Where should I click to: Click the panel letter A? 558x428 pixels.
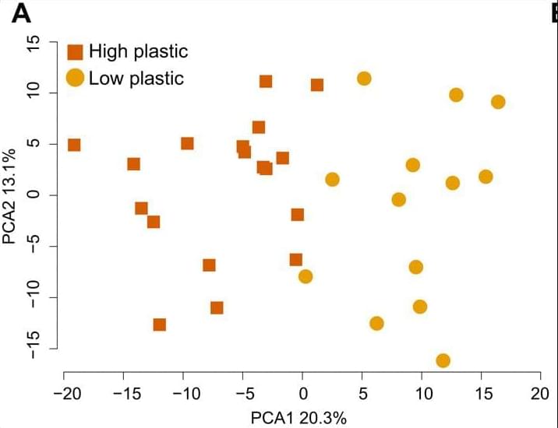click(x=21, y=13)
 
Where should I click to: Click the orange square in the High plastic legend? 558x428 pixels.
click(x=75, y=53)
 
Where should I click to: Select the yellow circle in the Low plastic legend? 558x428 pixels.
click(x=75, y=78)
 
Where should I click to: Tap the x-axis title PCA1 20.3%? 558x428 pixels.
click(x=298, y=417)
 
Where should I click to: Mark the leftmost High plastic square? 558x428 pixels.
click(x=74, y=145)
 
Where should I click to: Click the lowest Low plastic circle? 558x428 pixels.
click(x=443, y=360)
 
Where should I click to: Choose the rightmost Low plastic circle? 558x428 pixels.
click(x=498, y=102)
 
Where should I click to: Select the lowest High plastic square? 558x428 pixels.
click(x=160, y=325)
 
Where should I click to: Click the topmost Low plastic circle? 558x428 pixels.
click(x=364, y=79)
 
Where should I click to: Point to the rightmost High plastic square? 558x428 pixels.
click(x=317, y=85)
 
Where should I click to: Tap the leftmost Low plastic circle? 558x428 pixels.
click(x=305, y=276)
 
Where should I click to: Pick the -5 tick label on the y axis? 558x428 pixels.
click(x=32, y=247)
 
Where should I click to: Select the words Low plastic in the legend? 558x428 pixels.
click(x=136, y=78)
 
